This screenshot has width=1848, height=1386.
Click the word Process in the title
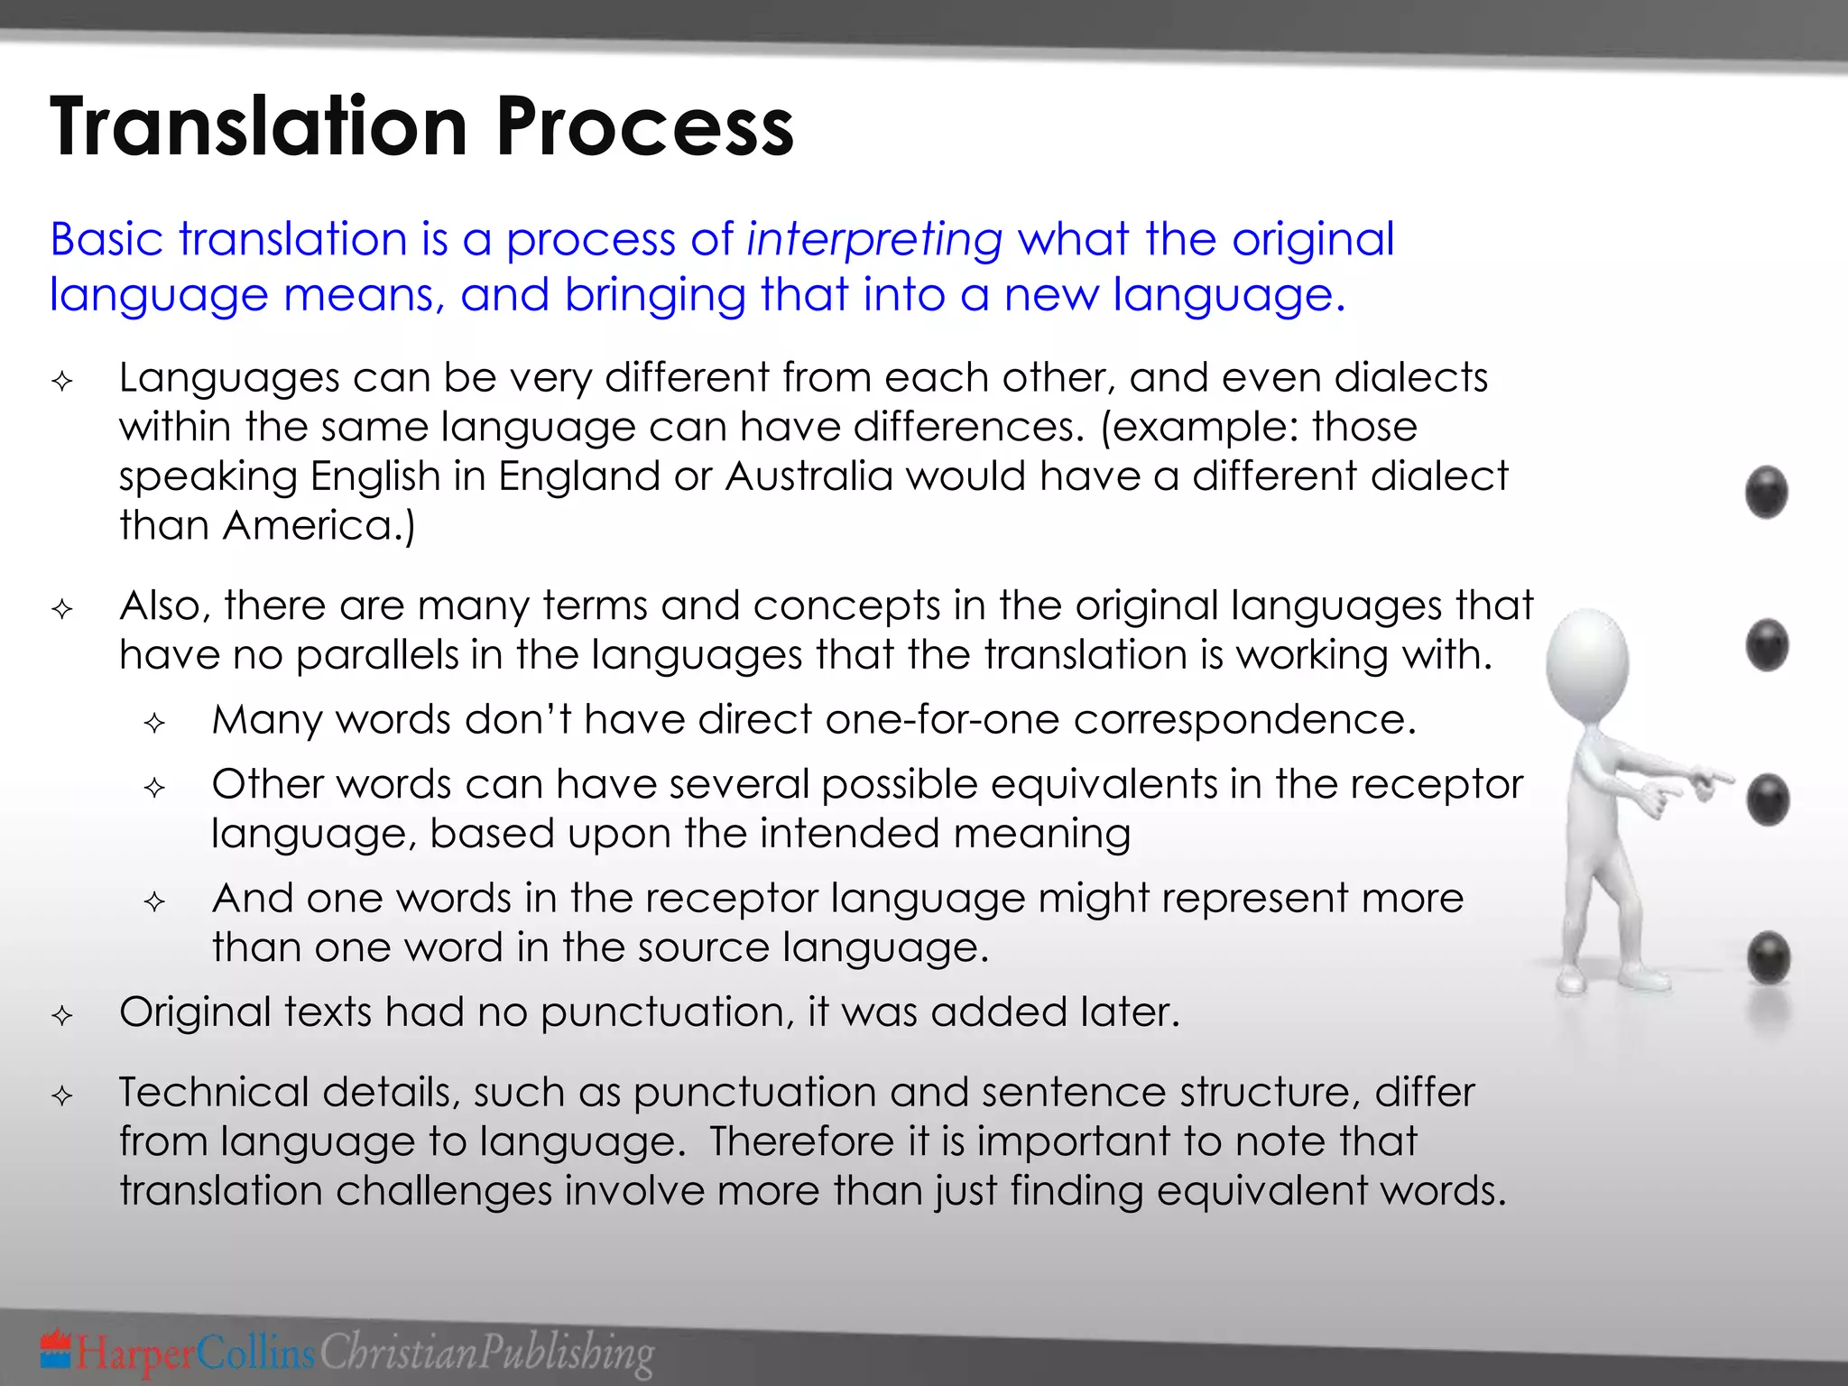(644, 127)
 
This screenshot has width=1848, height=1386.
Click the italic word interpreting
(874, 240)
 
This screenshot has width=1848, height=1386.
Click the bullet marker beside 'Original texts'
(62, 1016)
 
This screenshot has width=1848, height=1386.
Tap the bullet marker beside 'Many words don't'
(154, 723)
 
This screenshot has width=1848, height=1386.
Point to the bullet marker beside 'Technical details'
(62, 1096)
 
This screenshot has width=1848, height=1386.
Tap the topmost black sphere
(1766, 492)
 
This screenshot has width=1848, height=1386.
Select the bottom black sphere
(1768, 957)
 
